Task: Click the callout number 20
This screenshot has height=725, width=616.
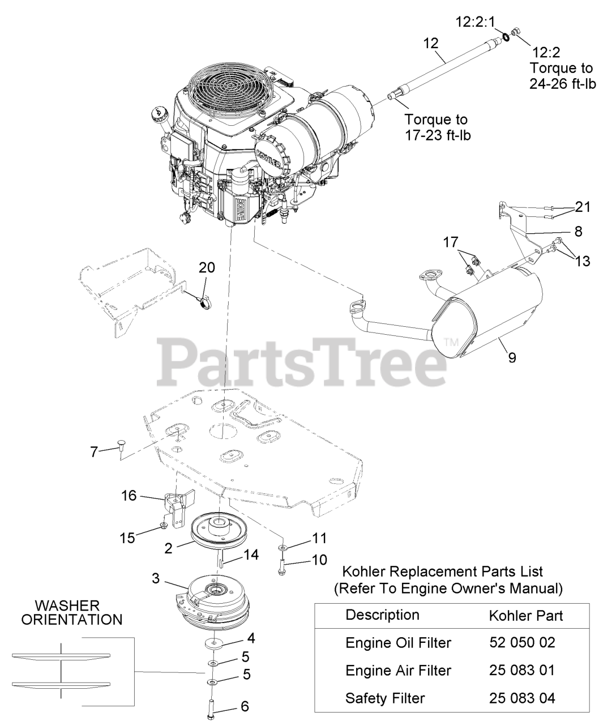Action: (x=207, y=268)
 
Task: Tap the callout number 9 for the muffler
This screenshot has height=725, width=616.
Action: (x=512, y=358)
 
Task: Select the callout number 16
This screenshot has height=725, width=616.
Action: (x=129, y=496)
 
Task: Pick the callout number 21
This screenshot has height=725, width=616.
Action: (x=582, y=207)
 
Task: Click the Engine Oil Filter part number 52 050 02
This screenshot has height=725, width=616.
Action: (x=521, y=642)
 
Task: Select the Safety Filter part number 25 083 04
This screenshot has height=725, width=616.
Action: (x=521, y=698)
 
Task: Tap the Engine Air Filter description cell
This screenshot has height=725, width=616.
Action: (x=398, y=670)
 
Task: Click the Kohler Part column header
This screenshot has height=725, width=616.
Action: (x=525, y=615)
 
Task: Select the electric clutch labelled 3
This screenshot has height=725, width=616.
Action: (x=211, y=600)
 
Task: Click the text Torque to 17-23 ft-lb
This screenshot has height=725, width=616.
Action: (x=436, y=127)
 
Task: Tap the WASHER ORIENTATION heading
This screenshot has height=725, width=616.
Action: (x=71, y=612)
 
